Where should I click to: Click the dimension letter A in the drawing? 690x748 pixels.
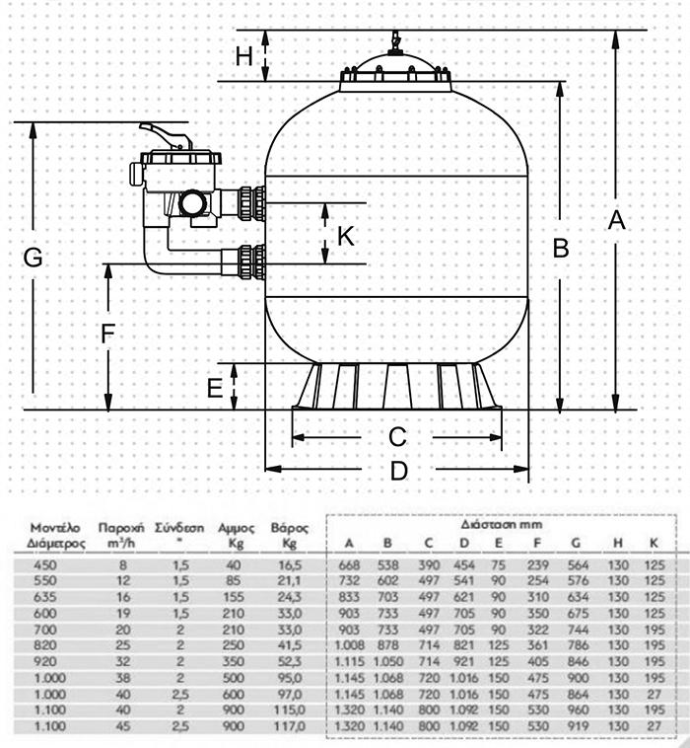pos(616,220)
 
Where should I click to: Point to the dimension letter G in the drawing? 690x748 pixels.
pos(33,258)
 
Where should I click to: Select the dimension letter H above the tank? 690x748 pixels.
pos(244,56)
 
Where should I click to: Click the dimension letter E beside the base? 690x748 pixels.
pos(215,388)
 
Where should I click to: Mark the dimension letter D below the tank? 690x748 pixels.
pos(398,471)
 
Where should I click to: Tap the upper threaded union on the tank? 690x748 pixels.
pos(251,204)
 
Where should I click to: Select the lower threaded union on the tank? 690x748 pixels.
pos(251,262)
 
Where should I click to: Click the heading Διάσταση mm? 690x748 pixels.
pos(497,525)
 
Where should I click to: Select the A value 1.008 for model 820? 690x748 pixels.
pos(349,643)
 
